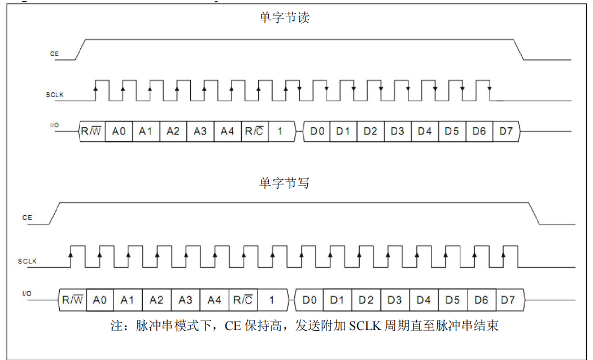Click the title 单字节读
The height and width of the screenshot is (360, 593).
284,18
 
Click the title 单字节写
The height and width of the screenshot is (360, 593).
284,183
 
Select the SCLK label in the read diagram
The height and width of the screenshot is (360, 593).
55,95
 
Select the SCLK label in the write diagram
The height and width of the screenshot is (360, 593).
27,261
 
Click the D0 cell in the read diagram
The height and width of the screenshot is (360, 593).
317,131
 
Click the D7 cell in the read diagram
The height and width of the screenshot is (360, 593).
507,131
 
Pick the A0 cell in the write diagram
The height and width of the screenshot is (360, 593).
99,300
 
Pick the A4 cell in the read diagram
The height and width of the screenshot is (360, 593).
227,131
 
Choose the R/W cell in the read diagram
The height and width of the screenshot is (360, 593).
92,131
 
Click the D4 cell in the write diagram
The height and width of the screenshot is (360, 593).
424,300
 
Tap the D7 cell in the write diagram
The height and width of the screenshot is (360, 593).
508,300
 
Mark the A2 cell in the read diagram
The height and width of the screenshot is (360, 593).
173,131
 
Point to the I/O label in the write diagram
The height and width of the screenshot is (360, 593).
27,293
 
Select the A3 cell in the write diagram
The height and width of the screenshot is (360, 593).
186,300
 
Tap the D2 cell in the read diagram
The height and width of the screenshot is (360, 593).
370,131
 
